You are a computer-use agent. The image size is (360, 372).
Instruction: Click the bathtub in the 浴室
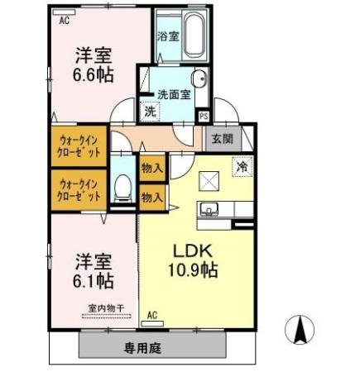[x=195, y=35]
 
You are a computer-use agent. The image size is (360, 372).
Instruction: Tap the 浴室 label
[x=168, y=36]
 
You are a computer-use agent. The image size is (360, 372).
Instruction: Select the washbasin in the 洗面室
[x=199, y=79]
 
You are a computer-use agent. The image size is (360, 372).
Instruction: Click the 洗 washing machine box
[x=150, y=112]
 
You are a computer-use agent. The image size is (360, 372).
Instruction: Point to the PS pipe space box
[x=204, y=116]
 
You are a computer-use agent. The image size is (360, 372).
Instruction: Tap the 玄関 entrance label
[x=222, y=139]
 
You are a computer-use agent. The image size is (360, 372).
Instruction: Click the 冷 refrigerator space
[x=242, y=166]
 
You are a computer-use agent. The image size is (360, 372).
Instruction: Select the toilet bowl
[x=123, y=188]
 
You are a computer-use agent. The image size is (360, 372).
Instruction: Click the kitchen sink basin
[x=209, y=208]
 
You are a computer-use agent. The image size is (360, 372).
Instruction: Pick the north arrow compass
[x=300, y=330]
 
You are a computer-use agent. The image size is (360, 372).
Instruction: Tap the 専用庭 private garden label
[x=142, y=348]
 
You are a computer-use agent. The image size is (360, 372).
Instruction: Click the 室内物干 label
[x=106, y=308]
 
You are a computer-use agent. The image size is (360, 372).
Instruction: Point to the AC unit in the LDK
[x=152, y=323]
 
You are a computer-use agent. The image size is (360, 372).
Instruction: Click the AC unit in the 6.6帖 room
[x=64, y=12]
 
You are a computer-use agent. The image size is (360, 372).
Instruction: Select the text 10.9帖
[x=193, y=269]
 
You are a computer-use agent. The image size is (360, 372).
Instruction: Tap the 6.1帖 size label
[x=94, y=280]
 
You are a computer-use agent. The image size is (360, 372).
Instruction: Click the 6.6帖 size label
[x=94, y=75]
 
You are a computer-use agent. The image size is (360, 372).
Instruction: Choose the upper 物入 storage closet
[x=152, y=168]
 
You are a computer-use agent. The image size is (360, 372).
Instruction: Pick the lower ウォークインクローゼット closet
[x=79, y=190]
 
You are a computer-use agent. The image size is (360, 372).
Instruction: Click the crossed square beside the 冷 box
[x=209, y=181]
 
